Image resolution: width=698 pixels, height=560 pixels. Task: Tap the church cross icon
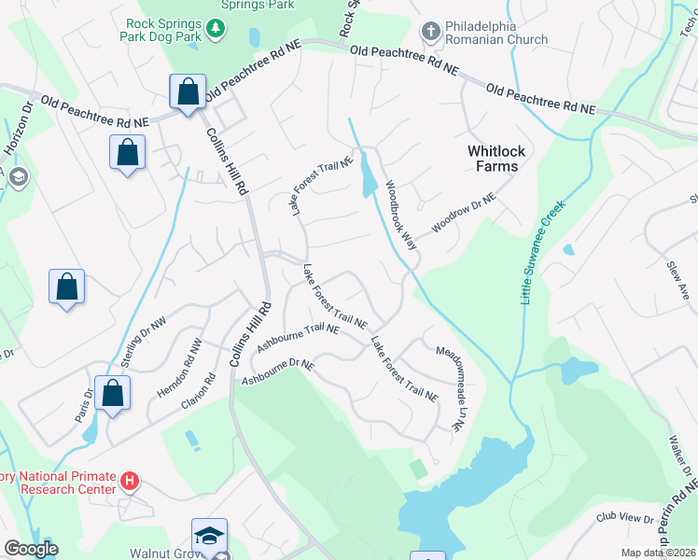coord(430,32)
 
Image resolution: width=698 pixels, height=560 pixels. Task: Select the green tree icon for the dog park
coord(216,30)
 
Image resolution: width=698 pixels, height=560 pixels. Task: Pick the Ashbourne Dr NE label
coord(279,371)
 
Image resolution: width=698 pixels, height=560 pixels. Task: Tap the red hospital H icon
coord(131,482)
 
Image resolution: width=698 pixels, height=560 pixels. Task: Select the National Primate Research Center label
coord(56,482)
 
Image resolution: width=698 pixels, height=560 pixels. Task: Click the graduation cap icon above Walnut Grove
coord(210,536)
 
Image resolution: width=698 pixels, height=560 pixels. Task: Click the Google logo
coord(30,549)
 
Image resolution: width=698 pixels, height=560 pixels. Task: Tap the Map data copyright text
coord(658,553)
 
